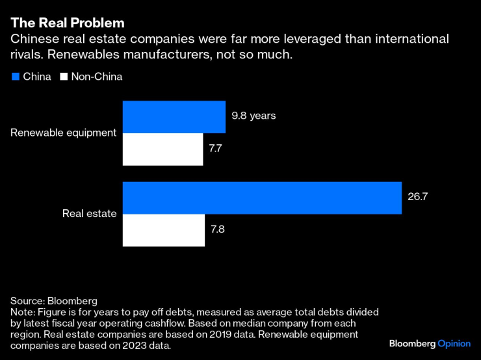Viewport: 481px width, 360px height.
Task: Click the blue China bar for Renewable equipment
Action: point(174,117)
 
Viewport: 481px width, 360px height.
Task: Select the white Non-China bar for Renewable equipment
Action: point(163,149)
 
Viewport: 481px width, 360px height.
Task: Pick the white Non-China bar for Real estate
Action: point(164,230)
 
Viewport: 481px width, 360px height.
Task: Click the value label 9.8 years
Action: point(254,116)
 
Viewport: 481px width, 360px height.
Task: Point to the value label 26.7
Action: point(418,198)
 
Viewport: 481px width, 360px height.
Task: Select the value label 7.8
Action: point(219,230)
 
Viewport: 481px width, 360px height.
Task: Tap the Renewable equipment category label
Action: point(64,133)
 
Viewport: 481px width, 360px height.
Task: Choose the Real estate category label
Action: point(89,213)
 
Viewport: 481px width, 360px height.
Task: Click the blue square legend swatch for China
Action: point(15,77)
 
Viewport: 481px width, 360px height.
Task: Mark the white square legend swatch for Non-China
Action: point(63,77)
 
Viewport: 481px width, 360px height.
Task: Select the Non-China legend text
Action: point(96,77)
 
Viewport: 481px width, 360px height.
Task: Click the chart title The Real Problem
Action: point(67,23)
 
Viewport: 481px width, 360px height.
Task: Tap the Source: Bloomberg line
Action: point(53,301)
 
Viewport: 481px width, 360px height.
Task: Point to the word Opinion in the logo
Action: point(452,342)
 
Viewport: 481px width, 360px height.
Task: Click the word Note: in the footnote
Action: point(23,313)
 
